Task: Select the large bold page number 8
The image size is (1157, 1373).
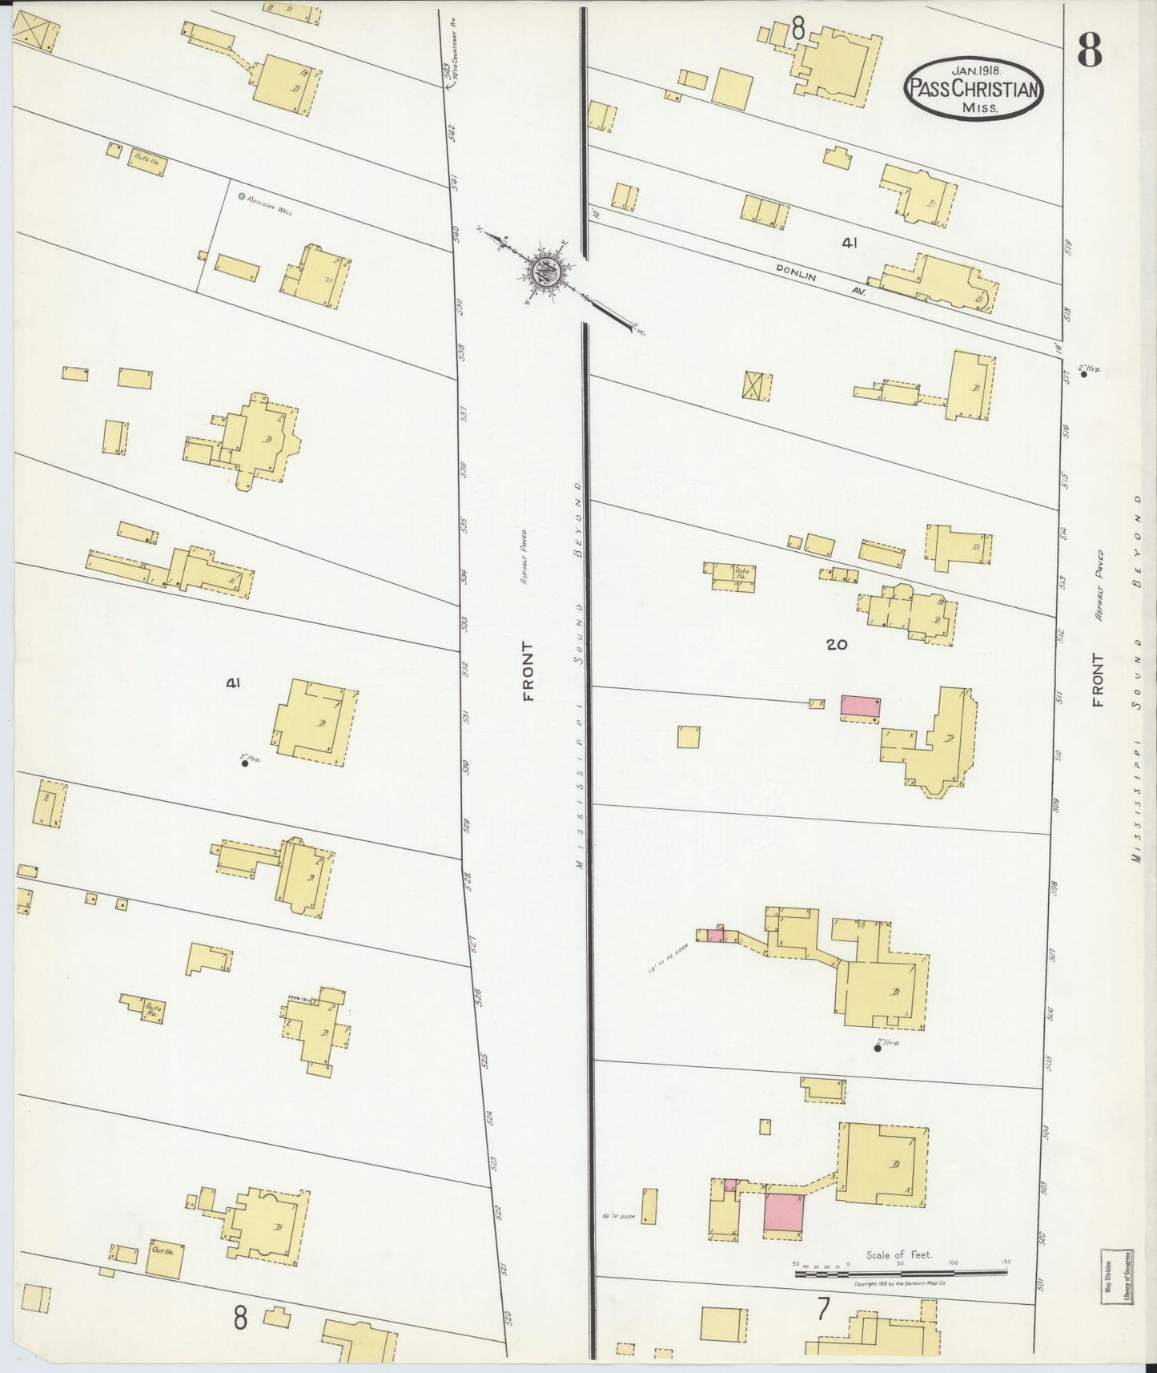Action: click(1089, 50)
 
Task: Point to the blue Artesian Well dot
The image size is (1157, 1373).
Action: click(241, 195)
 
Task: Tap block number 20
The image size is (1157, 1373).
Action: click(836, 643)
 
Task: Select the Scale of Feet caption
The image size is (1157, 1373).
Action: click(899, 1255)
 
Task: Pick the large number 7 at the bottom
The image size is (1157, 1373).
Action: click(822, 1309)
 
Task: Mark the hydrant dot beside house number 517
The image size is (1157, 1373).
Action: click(1084, 374)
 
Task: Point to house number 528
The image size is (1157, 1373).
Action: click(469, 882)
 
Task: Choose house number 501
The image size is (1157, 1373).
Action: click(1042, 1284)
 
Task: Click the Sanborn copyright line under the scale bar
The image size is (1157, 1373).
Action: click(900, 1283)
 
